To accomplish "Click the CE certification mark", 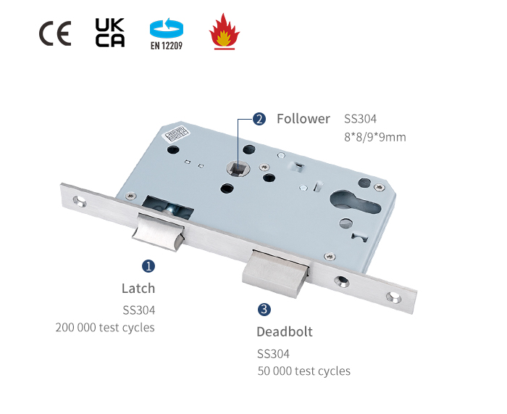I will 55,34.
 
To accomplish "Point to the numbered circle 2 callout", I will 259,119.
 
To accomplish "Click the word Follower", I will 303,119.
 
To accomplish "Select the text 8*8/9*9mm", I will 374,136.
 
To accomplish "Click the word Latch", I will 138,288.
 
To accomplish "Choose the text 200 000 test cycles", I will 105,327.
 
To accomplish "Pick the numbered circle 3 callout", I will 264,310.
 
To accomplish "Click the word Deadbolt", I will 285,332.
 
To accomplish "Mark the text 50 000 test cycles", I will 303,371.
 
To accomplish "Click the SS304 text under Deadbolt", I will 273,354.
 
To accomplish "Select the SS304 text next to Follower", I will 360,119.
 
